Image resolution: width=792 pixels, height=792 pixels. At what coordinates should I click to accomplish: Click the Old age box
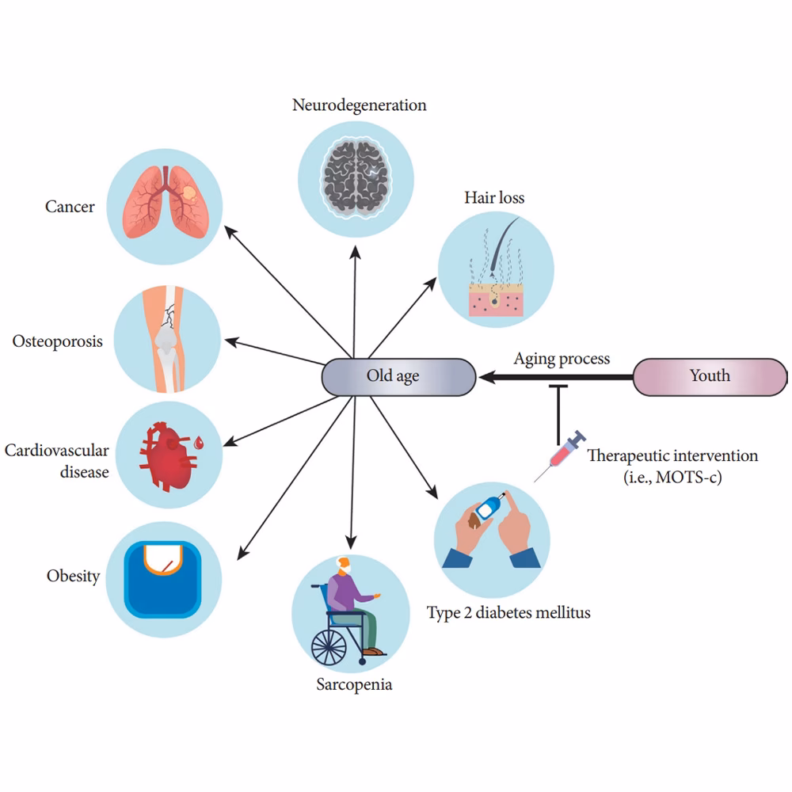[398, 376]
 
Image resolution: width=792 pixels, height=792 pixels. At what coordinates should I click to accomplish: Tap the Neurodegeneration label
[359, 105]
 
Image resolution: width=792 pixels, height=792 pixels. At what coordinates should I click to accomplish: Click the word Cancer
[70, 207]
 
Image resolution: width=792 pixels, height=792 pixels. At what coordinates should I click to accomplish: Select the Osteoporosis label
[58, 343]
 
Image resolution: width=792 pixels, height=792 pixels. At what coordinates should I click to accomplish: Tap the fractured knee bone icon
[167, 340]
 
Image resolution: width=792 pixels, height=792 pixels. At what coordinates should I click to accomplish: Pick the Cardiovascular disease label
[57, 461]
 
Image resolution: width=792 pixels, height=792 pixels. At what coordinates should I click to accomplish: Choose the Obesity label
[73, 576]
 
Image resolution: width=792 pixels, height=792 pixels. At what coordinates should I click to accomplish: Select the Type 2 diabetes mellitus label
[508, 612]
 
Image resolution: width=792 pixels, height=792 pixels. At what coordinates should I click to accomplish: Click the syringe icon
[559, 457]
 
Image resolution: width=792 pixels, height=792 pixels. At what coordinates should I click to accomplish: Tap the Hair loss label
[494, 197]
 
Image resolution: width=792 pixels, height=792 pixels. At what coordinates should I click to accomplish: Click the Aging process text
[562, 359]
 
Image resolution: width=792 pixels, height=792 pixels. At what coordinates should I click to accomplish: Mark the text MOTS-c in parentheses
[682, 478]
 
